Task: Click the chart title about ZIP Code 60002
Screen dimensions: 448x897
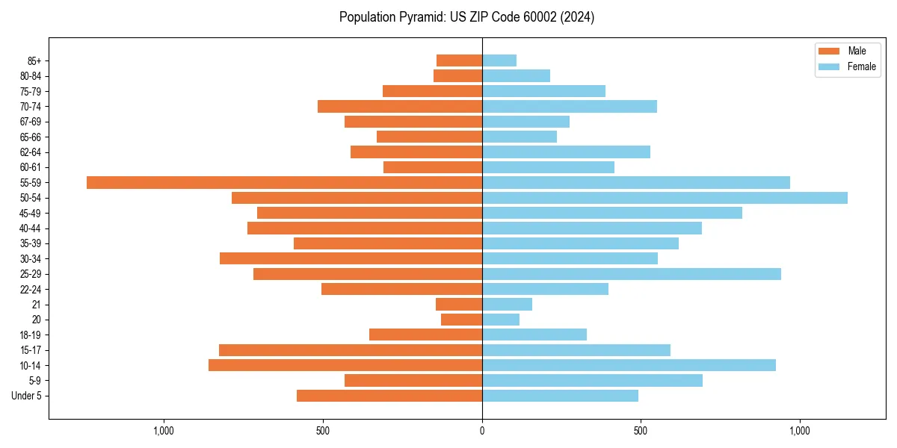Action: [466, 17]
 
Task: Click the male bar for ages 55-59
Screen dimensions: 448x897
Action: [284, 182]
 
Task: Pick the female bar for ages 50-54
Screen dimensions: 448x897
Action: [665, 198]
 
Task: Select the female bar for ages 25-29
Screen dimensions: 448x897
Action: [631, 274]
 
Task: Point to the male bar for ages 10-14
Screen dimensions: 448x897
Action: [345, 365]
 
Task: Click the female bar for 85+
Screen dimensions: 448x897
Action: [499, 60]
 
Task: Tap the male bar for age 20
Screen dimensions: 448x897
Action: [461, 320]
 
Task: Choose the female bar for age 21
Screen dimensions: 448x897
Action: [507, 304]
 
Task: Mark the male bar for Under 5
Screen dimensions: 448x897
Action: [389, 396]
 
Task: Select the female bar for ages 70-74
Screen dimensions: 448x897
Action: [570, 106]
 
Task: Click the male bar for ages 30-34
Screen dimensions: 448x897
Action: [351, 258]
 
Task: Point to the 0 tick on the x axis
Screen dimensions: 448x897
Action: [482, 431]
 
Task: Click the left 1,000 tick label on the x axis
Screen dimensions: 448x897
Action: [163, 431]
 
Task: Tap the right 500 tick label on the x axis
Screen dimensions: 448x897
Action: [641, 431]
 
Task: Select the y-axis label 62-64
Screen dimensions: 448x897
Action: [31, 152]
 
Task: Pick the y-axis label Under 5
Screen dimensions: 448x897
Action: [26, 396]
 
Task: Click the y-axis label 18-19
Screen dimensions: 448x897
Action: [31, 335]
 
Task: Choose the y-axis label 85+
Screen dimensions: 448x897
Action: [34, 60]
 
